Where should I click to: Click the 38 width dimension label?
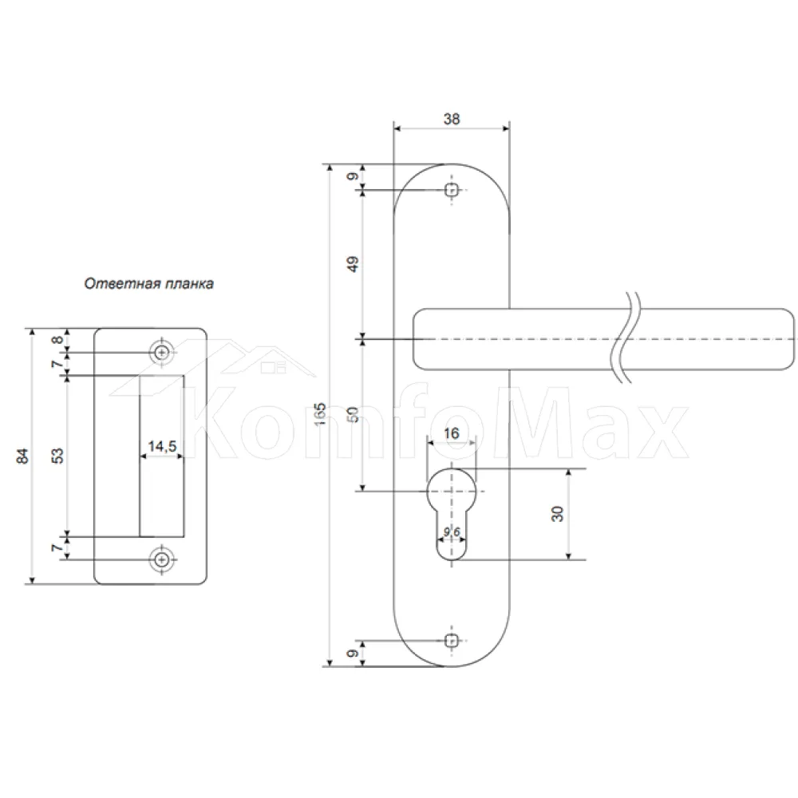(452, 119)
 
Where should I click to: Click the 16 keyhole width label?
(452, 433)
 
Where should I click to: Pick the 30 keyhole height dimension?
(558, 514)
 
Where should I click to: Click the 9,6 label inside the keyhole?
(452, 531)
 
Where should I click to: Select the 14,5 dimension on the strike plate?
(162, 446)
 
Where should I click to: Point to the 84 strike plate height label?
(23, 456)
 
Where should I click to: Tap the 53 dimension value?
(58, 456)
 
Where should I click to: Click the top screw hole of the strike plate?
(162, 352)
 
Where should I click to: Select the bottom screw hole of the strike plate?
(162, 560)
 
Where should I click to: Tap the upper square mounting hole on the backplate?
(452, 191)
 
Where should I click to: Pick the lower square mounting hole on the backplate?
(451, 640)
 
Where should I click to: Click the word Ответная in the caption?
(115, 283)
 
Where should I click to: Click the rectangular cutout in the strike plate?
(162, 456)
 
